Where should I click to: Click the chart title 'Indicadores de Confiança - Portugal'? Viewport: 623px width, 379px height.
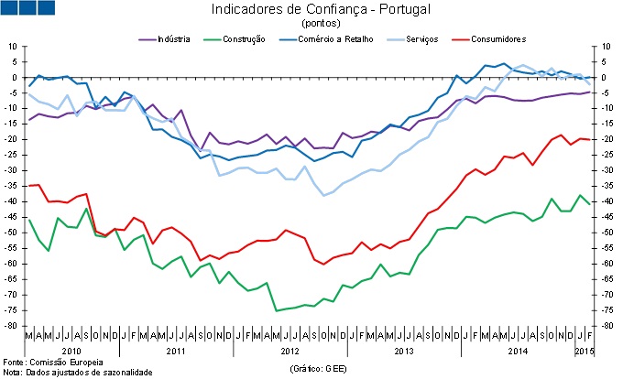tap(321, 10)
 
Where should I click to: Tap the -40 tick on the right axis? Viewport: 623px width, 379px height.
tap(606, 201)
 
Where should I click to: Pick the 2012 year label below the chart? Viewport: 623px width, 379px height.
tap(290, 351)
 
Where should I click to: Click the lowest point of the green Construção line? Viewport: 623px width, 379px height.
tap(277, 311)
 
